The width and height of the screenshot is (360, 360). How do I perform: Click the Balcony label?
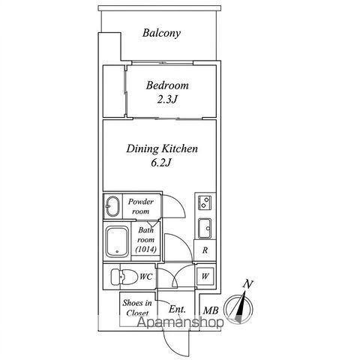click(161, 33)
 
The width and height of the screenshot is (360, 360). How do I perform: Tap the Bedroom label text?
click(167, 85)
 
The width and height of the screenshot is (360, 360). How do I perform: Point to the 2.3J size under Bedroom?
click(167, 100)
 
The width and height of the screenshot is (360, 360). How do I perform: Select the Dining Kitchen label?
click(162, 148)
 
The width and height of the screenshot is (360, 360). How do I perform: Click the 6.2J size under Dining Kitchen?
click(161, 163)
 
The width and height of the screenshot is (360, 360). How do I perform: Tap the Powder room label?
click(141, 206)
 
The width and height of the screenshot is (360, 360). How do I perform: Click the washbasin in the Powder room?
click(113, 206)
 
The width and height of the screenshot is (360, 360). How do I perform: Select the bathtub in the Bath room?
click(118, 241)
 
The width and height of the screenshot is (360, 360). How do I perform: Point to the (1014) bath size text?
click(146, 249)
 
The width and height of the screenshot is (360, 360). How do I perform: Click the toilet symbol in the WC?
click(124, 277)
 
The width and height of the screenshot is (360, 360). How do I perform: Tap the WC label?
click(146, 277)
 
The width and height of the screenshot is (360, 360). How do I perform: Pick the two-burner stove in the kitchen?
click(205, 202)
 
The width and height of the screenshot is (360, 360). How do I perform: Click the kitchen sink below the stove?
click(205, 228)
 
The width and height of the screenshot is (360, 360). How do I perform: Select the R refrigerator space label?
click(205, 250)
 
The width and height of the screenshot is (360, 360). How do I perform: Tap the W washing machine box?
click(205, 276)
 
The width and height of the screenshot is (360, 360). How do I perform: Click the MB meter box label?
click(211, 310)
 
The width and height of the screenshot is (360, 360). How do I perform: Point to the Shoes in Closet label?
click(137, 308)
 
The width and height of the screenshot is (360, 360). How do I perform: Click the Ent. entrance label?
click(177, 310)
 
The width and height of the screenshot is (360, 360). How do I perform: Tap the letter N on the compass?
click(248, 284)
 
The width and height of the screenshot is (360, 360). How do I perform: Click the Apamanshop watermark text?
click(180, 322)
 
